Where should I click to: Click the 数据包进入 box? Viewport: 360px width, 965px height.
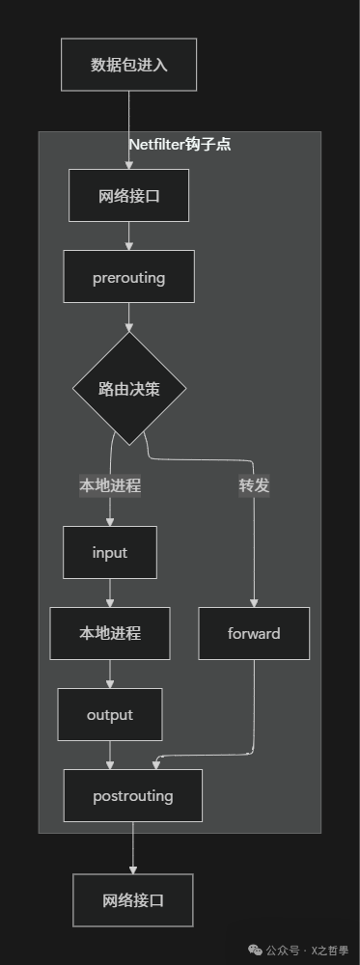point(128,65)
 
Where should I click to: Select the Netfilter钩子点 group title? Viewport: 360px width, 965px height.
point(180,145)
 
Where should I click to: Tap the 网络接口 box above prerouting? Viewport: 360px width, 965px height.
point(128,196)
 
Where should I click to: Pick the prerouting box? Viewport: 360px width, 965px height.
point(128,278)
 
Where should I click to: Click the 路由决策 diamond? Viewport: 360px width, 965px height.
point(128,390)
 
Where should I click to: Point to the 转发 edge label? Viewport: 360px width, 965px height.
point(254,485)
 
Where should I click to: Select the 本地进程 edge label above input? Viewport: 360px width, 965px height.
point(110,485)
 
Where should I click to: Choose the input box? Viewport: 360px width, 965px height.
point(110,553)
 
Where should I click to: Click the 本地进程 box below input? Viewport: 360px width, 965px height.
point(110,633)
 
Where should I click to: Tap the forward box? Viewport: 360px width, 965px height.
point(254,633)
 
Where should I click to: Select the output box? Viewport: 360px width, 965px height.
point(110,715)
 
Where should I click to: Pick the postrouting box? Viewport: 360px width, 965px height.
point(133,796)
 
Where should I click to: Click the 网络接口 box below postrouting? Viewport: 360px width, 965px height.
point(133,900)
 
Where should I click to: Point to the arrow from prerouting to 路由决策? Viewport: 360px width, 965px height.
point(128,317)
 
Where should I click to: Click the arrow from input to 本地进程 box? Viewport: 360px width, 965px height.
point(110,593)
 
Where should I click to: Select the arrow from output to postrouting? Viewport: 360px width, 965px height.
point(110,755)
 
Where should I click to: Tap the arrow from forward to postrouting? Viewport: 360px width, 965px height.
point(253,714)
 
